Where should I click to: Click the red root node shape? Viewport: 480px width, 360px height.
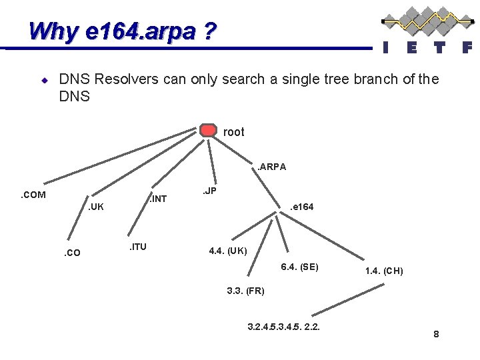(209, 131)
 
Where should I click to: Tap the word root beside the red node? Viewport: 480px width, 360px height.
(233, 132)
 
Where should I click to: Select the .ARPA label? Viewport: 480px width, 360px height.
(272, 167)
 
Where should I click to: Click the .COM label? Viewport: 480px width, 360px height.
(33, 195)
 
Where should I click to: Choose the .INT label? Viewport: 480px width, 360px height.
(158, 199)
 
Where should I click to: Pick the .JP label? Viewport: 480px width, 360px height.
(209, 191)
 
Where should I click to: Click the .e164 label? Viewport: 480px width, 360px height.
(301, 207)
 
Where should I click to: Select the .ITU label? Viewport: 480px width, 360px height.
(137, 247)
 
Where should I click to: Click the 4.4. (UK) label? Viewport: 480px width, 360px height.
(228, 251)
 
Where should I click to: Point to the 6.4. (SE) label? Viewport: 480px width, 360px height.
(299, 267)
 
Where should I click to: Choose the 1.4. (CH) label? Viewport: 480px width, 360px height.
(384, 271)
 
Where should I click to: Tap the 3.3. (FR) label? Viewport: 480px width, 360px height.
(245, 291)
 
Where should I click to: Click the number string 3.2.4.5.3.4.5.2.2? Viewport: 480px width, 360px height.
(283, 327)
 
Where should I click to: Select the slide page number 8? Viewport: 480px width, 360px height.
(436, 334)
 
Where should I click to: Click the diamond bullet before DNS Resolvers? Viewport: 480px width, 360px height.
(44, 80)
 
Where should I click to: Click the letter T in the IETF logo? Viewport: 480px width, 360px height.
(439, 47)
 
